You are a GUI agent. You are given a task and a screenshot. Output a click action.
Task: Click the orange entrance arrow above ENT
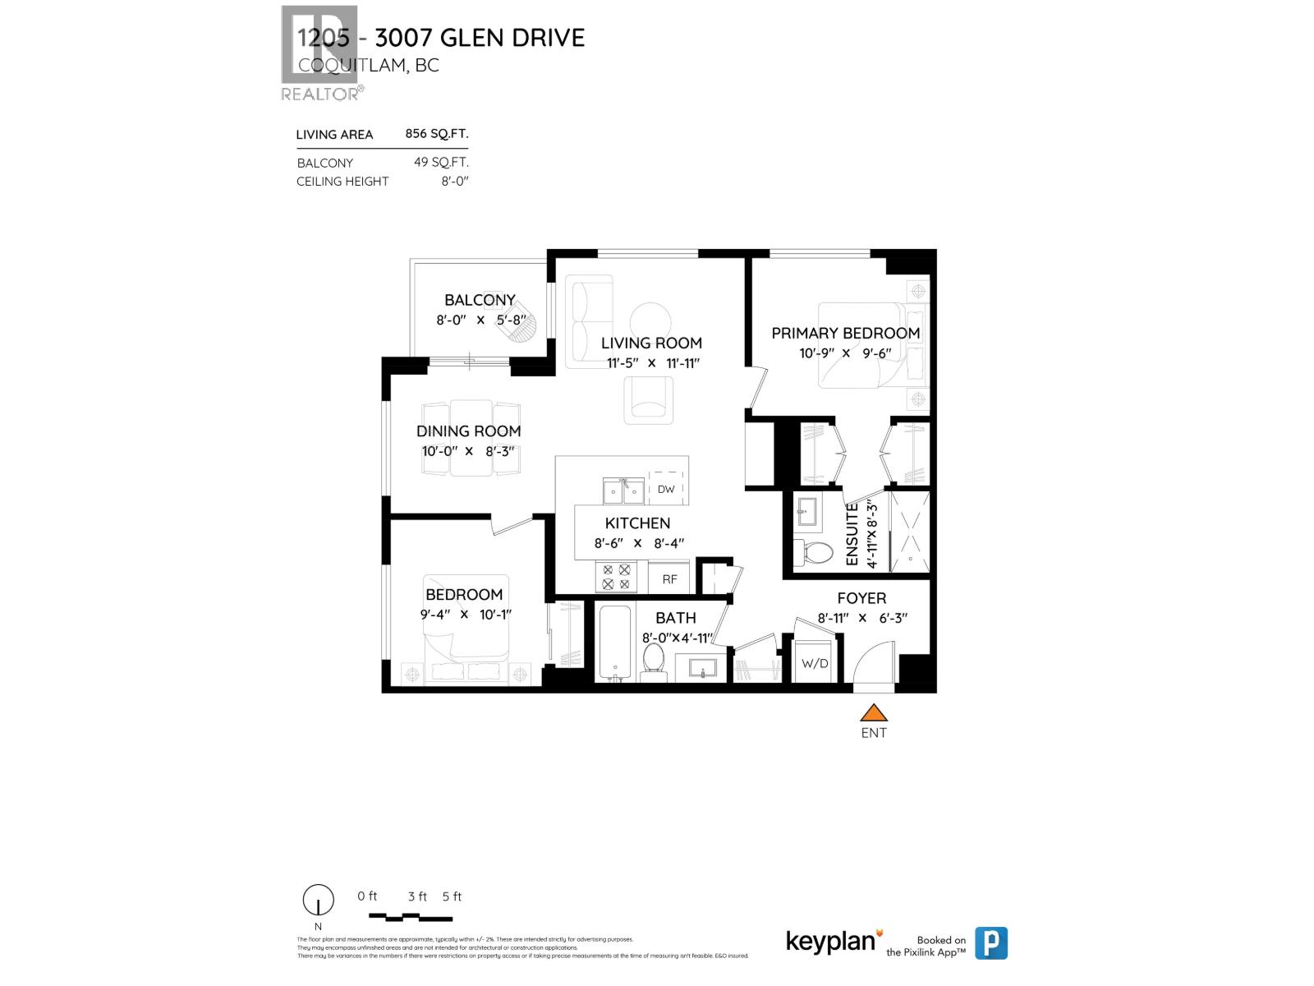(874, 712)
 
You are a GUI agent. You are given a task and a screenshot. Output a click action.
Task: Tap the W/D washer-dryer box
(815, 662)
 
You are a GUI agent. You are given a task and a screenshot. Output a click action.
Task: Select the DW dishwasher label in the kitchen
(666, 489)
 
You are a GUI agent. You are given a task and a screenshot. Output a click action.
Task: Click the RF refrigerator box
(670, 578)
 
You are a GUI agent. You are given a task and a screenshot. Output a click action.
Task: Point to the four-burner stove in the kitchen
(616, 577)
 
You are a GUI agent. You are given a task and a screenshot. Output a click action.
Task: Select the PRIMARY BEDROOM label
(845, 333)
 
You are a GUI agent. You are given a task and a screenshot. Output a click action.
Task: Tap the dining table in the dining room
(471, 437)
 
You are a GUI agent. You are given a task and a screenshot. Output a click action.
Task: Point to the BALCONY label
(480, 300)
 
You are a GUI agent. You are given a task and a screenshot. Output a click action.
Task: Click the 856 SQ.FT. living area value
(436, 134)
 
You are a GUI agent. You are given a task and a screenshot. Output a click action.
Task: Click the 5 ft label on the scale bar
(452, 896)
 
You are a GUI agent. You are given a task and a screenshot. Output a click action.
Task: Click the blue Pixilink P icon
(990, 942)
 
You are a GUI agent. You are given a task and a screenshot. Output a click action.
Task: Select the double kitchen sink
(623, 492)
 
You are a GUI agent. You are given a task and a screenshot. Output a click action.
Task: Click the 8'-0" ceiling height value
(454, 181)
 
